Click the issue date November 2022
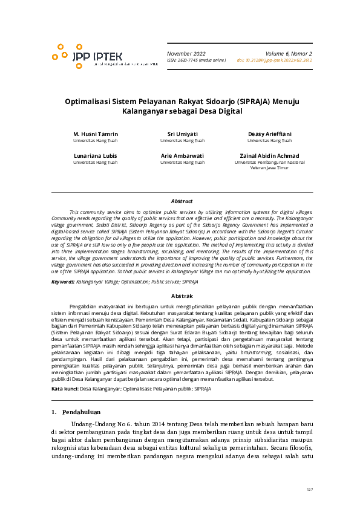click(x=186, y=53)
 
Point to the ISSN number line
click(x=196, y=60)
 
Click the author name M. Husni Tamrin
click(x=96, y=134)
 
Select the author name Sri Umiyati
click(x=183, y=134)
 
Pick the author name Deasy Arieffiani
click(x=269, y=134)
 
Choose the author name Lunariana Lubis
click(x=96, y=155)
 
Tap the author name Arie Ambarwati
click(x=183, y=155)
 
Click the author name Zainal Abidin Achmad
click(x=269, y=155)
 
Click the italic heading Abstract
click(x=182, y=201)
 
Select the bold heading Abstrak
click(x=182, y=296)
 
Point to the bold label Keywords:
click(x=63, y=282)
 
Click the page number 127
click(x=309, y=489)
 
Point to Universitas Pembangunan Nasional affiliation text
click(x=269, y=162)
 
